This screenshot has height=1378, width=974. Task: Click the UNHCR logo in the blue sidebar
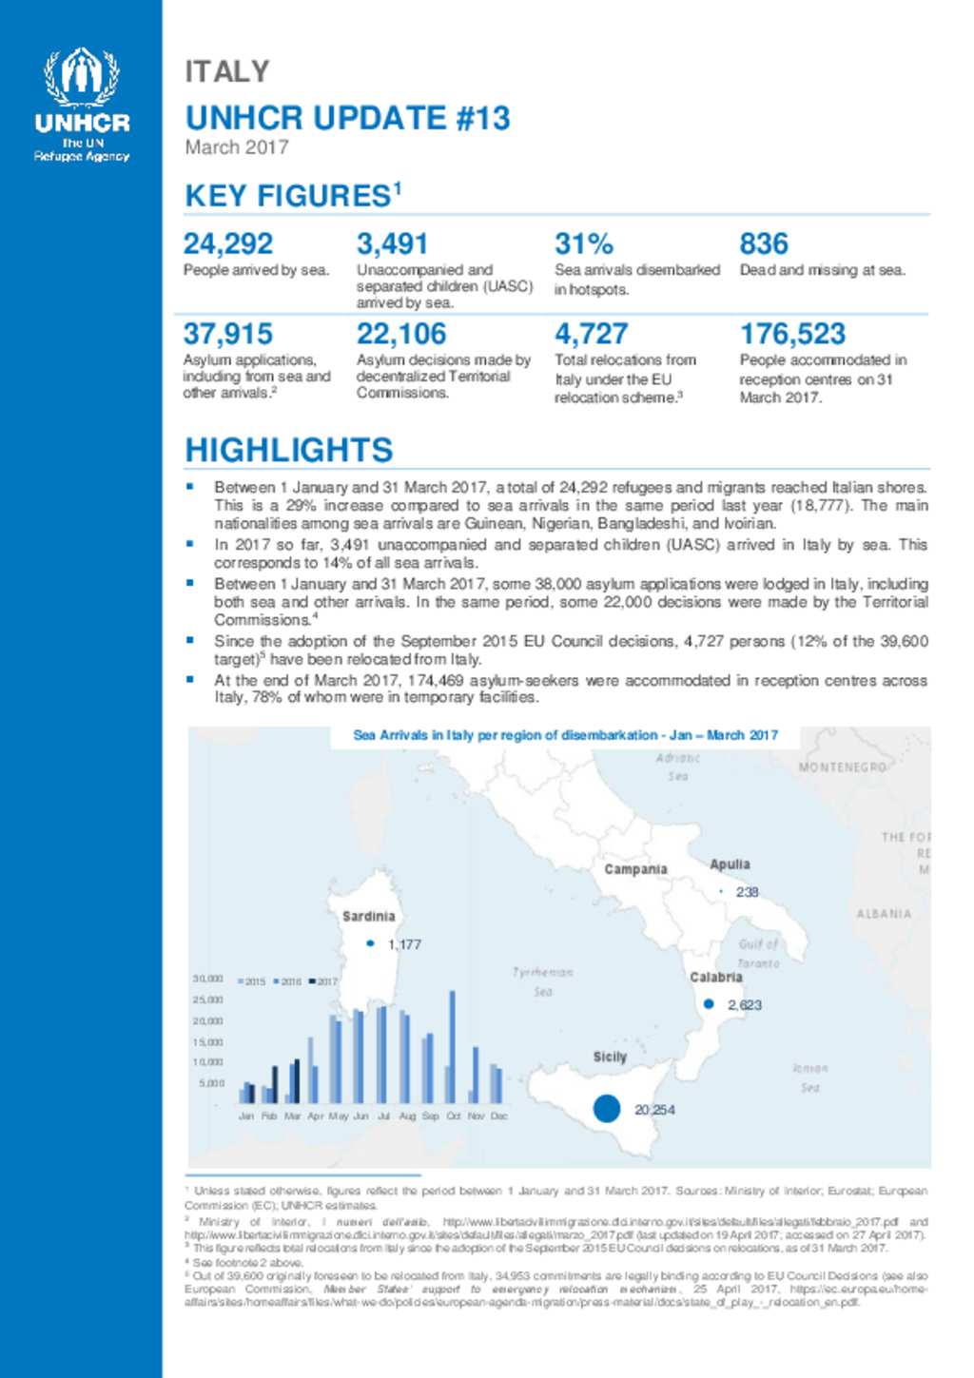click(82, 105)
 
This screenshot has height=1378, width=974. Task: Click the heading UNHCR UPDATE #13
click(347, 118)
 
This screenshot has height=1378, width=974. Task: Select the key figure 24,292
click(227, 244)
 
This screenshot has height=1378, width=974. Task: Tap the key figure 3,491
click(392, 244)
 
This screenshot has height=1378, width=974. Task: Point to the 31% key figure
click(583, 244)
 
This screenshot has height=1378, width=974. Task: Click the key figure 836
click(764, 244)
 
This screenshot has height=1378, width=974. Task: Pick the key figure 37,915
click(227, 334)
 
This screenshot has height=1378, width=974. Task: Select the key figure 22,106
click(400, 334)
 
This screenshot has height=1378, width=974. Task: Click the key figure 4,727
click(591, 334)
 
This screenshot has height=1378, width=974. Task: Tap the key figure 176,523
click(792, 334)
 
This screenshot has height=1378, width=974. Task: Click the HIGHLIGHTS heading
click(288, 450)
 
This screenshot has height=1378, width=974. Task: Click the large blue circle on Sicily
click(607, 1108)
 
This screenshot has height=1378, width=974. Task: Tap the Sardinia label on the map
click(368, 916)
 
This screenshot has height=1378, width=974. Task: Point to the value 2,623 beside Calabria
click(744, 1004)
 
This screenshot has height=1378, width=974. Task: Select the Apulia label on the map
click(730, 864)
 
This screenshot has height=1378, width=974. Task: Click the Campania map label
click(635, 869)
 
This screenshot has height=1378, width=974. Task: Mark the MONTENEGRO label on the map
click(842, 767)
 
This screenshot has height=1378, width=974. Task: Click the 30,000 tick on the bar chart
click(208, 979)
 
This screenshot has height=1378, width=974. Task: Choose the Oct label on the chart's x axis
click(454, 1116)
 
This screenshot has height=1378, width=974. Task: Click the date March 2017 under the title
click(236, 147)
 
